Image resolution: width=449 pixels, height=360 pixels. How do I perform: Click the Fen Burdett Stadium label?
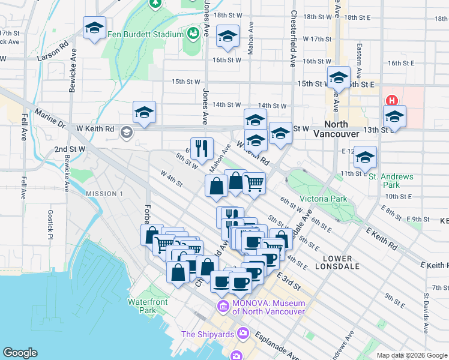[x=145, y=34]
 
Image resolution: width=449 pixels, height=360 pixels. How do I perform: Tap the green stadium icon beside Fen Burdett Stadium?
[x=193, y=34]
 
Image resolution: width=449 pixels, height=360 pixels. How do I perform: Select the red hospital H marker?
[x=392, y=101]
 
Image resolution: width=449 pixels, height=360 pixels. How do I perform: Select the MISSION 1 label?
[x=104, y=193]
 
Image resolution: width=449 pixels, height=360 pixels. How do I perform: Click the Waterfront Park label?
[x=142, y=306]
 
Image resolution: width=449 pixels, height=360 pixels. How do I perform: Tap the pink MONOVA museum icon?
[x=223, y=307]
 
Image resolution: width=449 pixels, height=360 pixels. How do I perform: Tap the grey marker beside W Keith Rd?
[x=126, y=131]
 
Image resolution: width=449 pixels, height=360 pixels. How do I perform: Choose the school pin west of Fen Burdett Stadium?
[x=94, y=28]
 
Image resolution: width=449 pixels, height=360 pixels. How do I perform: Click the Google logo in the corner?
[x=20, y=353]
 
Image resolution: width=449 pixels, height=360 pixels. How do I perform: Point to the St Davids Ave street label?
[x=426, y=313]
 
